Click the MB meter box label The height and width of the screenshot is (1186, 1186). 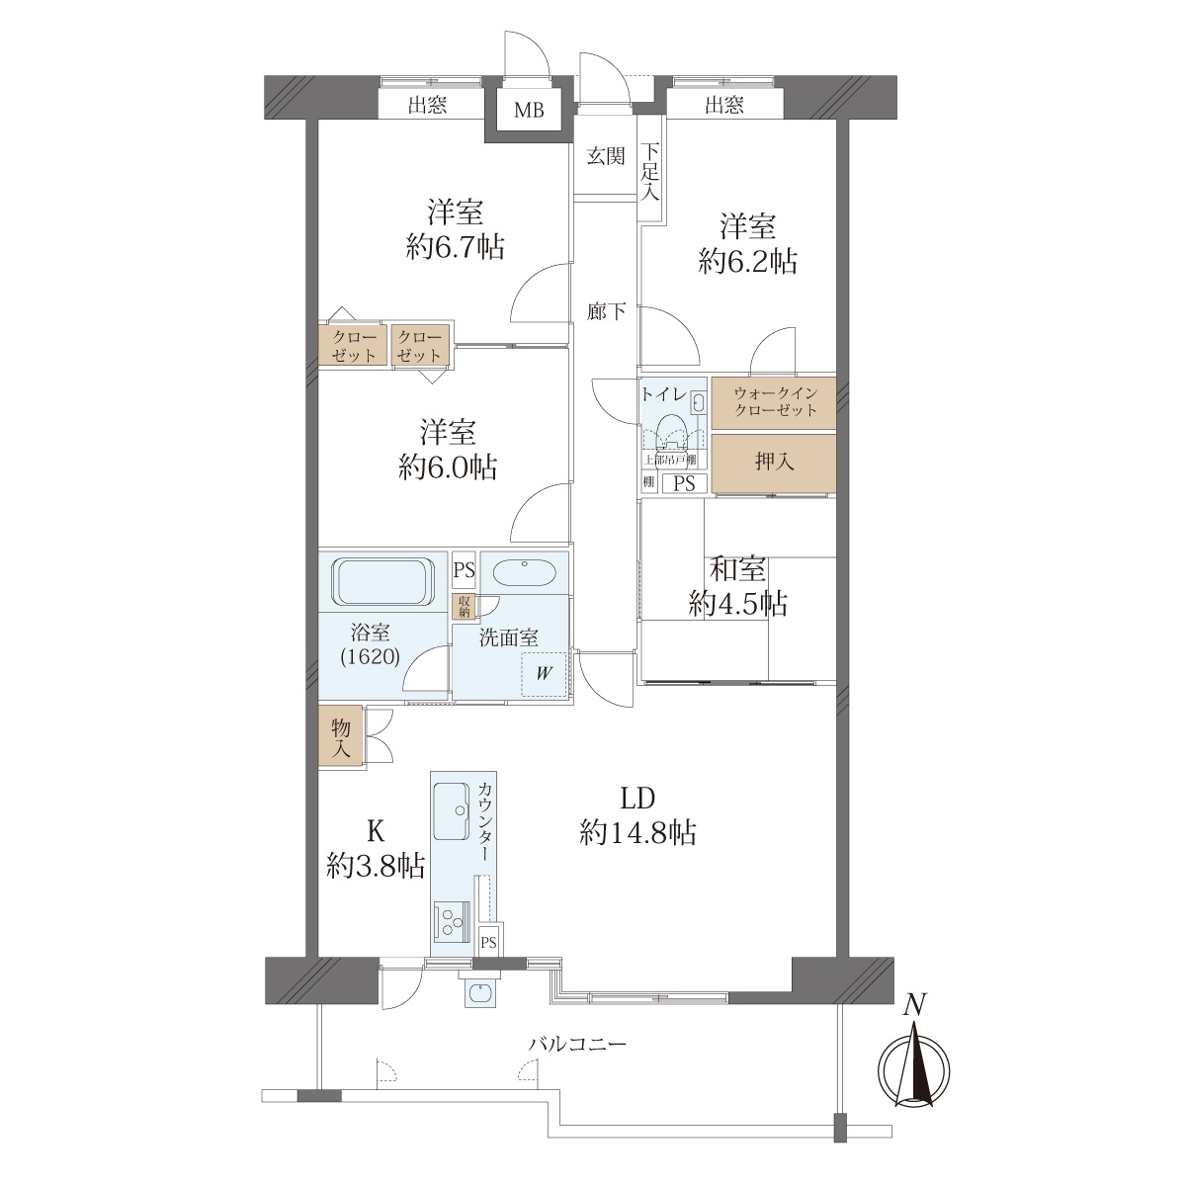coord(529,110)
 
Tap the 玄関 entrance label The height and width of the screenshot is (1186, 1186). coord(606,156)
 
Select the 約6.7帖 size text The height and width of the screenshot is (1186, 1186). coord(455,247)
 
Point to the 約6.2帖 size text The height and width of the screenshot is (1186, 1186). coord(748,262)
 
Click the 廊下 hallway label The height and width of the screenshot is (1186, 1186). coord(606,312)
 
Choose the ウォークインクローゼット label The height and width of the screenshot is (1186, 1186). coord(775,401)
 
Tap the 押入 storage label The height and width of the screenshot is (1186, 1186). coord(774,462)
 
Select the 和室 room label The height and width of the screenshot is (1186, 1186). coord(737,568)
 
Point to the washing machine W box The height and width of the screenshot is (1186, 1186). coord(544,674)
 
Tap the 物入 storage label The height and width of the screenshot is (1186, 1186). coord(340,738)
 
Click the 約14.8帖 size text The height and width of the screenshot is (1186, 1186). coord(637,834)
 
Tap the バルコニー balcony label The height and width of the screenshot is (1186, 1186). coord(577,1044)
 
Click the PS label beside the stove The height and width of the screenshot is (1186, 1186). coord(488,943)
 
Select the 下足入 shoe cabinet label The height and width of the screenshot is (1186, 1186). coord(650,171)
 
